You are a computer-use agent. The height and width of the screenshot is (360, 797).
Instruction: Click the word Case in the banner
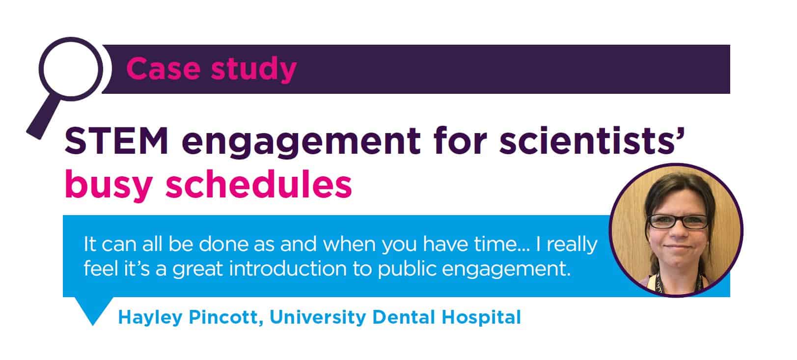tap(164, 68)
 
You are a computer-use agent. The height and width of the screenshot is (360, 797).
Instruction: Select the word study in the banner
tap(254, 70)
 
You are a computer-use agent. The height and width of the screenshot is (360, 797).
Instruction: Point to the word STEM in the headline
tap(116, 141)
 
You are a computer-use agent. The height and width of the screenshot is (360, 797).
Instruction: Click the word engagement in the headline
tap(301, 143)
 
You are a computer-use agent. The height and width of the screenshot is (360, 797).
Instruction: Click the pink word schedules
tap(259, 184)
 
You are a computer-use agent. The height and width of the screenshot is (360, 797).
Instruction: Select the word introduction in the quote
tap(287, 269)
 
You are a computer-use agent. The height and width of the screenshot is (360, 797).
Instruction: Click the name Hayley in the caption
tap(150, 318)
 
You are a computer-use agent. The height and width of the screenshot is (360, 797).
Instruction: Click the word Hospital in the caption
tap(481, 318)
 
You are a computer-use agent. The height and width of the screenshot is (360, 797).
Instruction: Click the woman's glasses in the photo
tap(678, 222)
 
